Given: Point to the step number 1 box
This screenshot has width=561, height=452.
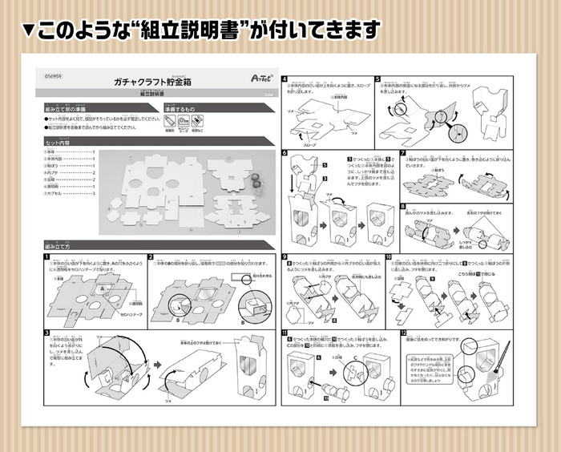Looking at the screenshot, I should point(48,257).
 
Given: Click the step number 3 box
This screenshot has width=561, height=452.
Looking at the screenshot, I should point(48,330).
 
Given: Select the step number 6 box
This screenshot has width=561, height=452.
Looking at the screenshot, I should point(285,152).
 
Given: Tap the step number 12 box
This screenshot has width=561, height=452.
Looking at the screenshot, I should point(404,332).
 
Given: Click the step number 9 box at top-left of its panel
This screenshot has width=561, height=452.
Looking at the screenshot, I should point(285,257).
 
